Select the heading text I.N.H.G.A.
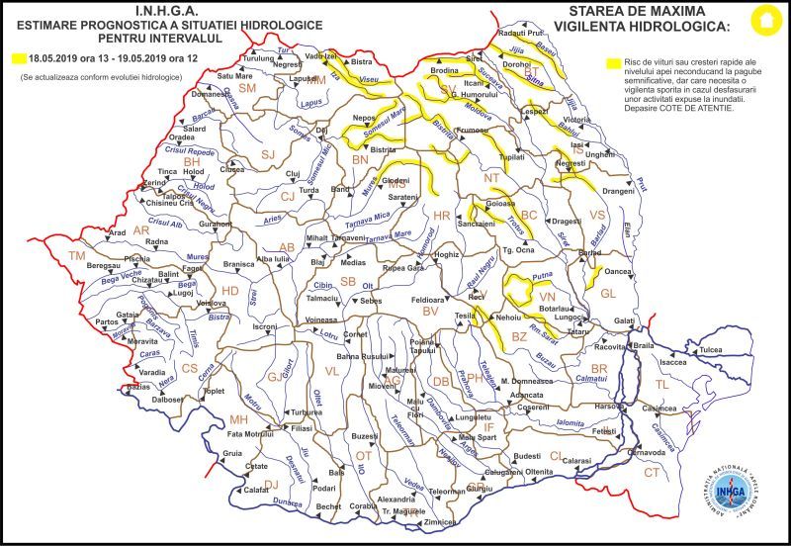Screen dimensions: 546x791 (127, 11)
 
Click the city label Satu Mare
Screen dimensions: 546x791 (235, 75)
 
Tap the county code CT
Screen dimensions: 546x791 (652, 473)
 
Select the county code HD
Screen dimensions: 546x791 (229, 291)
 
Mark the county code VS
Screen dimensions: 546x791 (596, 215)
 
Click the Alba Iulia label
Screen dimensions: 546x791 (273, 258)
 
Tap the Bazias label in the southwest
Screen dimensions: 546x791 (138, 386)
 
